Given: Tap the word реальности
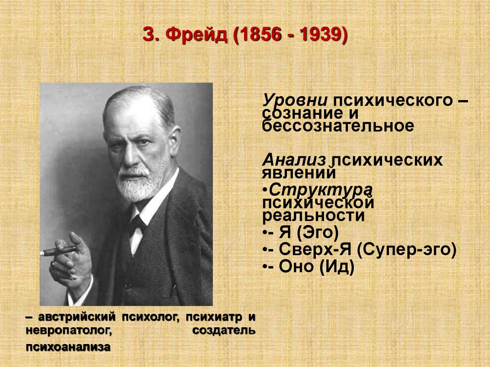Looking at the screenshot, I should click(314, 215).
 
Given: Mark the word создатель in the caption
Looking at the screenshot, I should click(224, 331).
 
